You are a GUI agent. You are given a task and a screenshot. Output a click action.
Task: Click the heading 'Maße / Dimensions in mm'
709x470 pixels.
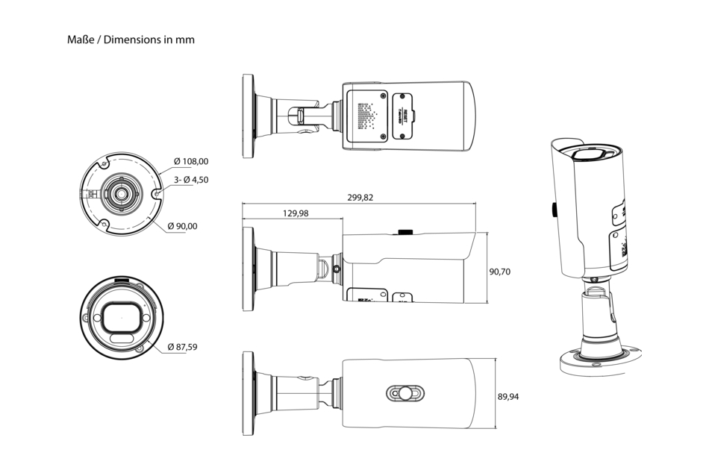point(131,40)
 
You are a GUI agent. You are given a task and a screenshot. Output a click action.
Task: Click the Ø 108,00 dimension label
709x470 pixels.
point(191,161)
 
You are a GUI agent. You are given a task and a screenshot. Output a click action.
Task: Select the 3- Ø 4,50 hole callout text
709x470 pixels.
point(190,180)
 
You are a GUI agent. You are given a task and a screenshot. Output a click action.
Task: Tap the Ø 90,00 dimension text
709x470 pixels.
point(187,226)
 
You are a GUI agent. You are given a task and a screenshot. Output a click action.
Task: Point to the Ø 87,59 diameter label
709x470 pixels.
point(182,347)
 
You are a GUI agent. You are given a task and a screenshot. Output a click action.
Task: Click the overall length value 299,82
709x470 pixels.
point(360,198)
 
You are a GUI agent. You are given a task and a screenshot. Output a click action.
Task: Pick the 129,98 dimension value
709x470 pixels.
point(296,213)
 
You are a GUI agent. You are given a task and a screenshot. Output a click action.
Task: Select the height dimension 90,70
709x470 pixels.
point(499,272)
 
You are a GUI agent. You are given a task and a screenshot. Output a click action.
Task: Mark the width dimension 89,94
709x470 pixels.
point(508,396)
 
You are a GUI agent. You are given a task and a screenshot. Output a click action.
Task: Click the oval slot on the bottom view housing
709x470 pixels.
point(405,393)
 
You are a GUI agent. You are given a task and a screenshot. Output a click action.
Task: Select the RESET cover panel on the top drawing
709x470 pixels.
point(404,116)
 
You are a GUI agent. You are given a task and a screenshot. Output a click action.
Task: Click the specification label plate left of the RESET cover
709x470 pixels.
point(365,116)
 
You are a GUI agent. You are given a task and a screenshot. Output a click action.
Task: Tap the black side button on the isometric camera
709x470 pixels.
point(554,210)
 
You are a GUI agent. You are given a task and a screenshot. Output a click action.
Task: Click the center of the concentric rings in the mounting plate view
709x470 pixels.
point(119,193)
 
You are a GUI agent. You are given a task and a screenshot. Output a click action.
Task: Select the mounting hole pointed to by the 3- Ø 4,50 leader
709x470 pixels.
point(156,193)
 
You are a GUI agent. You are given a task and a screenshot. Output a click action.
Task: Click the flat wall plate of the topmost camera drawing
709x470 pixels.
point(249,116)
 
